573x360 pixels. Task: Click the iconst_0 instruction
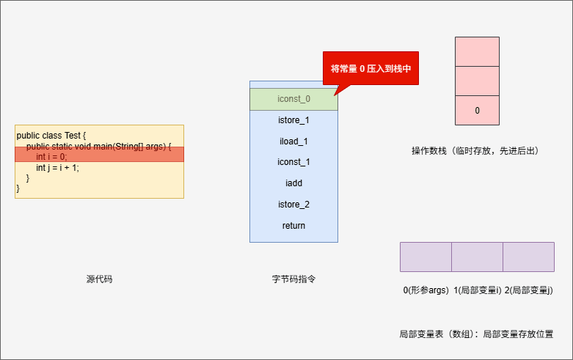click(293, 99)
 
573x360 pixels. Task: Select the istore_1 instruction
click(293, 120)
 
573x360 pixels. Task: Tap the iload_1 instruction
click(293, 141)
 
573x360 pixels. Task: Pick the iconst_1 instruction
click(293, 162)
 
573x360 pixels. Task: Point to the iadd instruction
click(293, 183)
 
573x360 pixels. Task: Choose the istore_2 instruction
click(293, 205)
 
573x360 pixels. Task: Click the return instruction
click(293, 226)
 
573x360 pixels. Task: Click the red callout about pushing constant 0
click(371, 68)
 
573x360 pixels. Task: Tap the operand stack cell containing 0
click(477, 111)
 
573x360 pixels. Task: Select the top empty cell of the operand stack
click(477, 51)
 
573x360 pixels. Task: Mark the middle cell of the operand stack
click(477, 81)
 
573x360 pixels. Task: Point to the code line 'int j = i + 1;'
click(57, 168)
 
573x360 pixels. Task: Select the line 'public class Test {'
click(51, 136)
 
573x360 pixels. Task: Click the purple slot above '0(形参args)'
click(426, 257)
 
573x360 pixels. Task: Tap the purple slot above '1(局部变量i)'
click(477, 257)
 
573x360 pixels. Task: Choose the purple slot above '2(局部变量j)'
click(528, 257)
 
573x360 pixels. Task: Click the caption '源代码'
click(99, 279)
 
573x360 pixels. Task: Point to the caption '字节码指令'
click(293, 279)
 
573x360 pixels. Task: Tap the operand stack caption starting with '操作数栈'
click(475, 151)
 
